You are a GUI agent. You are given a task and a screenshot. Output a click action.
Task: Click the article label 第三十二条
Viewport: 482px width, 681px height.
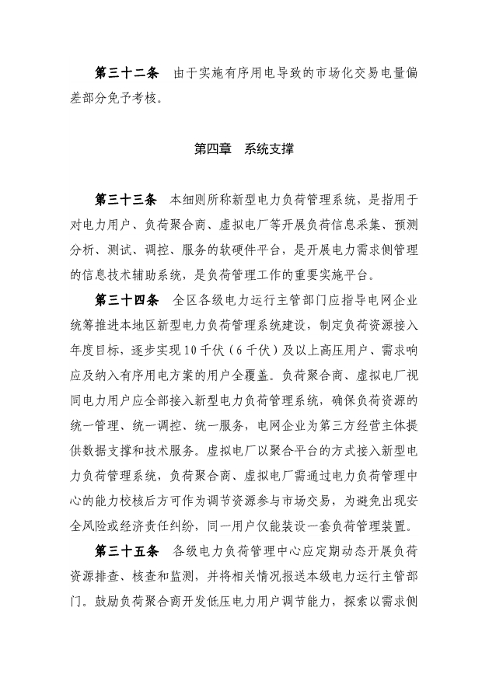127,74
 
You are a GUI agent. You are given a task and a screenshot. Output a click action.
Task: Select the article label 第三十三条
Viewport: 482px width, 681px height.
127,201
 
